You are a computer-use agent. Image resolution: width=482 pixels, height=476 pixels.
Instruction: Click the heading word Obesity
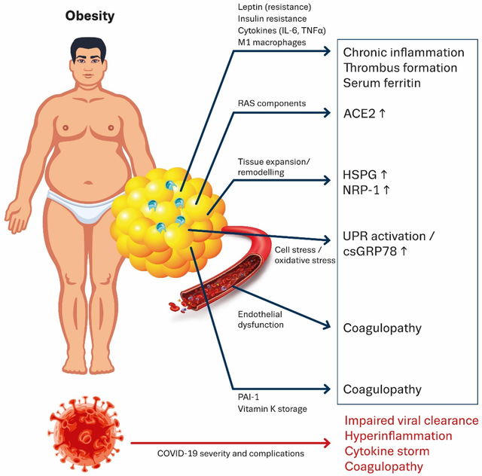[x=90, y=17]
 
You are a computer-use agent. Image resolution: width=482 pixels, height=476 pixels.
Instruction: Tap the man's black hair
[x=88, y=45]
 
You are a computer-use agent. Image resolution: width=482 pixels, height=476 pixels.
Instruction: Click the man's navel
[x=88, y=183]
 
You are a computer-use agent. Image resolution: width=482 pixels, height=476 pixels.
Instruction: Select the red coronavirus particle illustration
[x=85, y=434]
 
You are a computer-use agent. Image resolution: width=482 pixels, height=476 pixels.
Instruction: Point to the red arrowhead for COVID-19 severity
[x=326, y=443]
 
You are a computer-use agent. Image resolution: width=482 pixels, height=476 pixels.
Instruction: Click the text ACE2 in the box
[x=359, y=114]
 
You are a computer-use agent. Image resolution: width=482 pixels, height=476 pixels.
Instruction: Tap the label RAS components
[x=272, y=104]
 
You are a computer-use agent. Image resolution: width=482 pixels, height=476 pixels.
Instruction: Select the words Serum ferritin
[x=382, y=83]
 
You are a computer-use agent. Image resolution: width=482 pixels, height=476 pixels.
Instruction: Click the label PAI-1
[x=249, y=397]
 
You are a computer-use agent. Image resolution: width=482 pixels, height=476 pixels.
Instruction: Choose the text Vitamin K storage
[x=273, y=409]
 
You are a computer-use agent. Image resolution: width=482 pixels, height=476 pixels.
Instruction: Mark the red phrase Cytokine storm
[x=386, y=451]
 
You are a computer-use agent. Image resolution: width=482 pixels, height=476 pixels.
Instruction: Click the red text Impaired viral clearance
[x=411, y=421]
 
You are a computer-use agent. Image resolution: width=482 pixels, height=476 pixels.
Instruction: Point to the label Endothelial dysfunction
[x=261, y=319]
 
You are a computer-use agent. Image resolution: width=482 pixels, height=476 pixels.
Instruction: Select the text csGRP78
[x=370, y=252]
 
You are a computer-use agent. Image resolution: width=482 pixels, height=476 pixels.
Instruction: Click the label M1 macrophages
[x=272, y=42]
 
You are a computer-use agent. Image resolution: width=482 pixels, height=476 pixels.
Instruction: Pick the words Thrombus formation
[x=400, y=68]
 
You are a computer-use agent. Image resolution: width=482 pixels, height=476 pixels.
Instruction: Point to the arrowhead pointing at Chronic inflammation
[x=326, y=51]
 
